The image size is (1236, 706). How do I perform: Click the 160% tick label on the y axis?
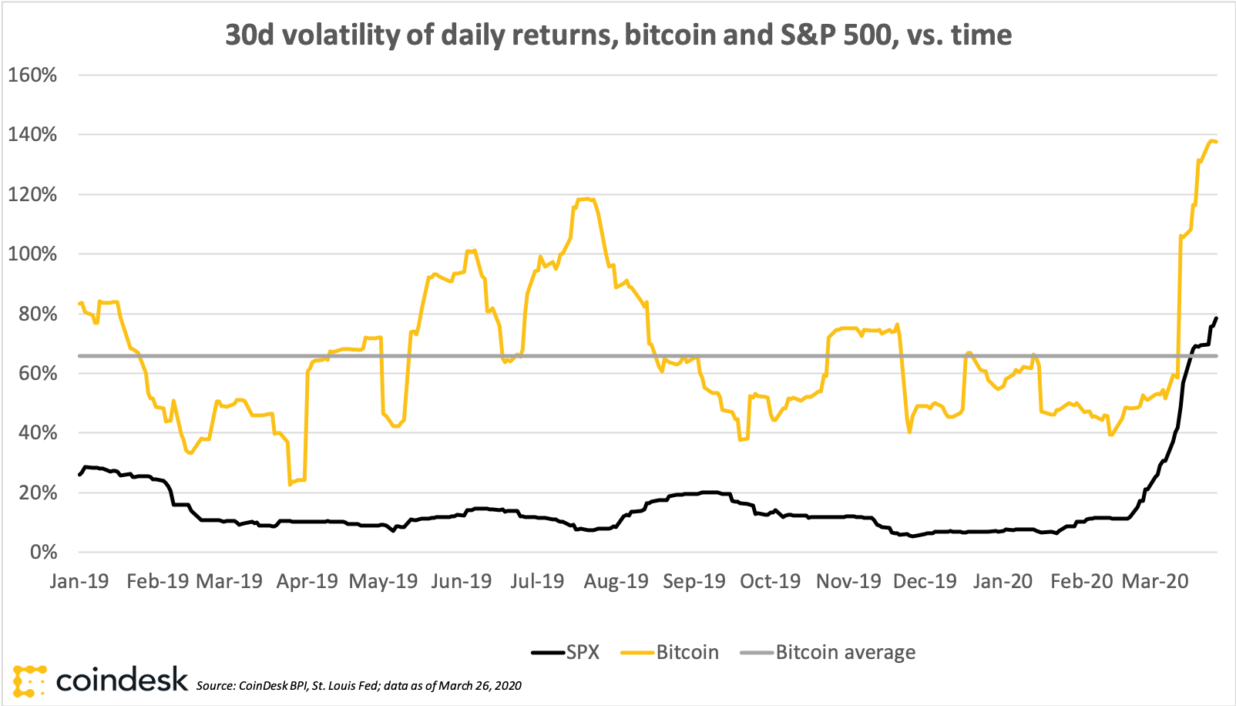click(32, 76)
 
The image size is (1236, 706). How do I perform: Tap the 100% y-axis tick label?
click(32, 254)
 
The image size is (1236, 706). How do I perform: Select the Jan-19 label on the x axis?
click(79, 582)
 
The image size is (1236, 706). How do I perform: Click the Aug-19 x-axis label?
click(616, 582)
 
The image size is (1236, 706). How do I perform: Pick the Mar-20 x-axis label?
click(1155, 582)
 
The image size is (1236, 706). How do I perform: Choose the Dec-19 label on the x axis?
click(925, 582)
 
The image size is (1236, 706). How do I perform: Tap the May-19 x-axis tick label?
click(383, 582)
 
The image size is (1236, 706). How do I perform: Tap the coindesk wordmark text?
click(122, 679)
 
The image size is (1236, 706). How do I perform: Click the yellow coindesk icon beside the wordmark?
click(29, 681)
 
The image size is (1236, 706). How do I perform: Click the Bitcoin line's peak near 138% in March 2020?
click(1211, 140)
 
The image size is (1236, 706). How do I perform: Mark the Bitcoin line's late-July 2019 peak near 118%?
click(586, 199)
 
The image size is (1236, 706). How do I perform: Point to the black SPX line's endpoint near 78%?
click(1216, 318)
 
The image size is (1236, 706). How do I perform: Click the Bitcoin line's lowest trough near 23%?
click(290, 484)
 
